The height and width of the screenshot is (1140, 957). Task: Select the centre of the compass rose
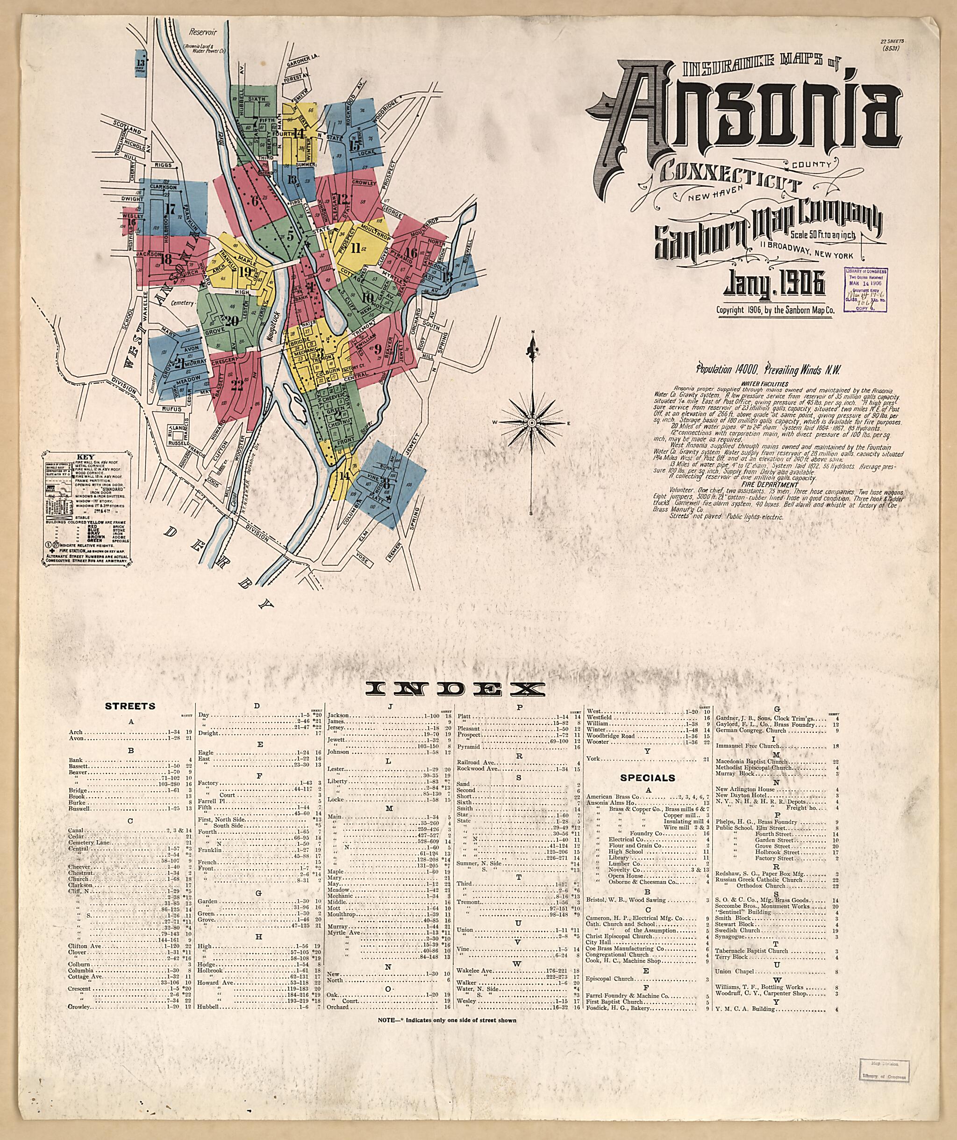click(532, 422)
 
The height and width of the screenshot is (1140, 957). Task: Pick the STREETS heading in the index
click(129, 706)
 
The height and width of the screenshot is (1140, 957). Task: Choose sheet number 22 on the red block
click(237, 385)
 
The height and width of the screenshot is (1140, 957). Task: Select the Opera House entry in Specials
click(628, 876)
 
